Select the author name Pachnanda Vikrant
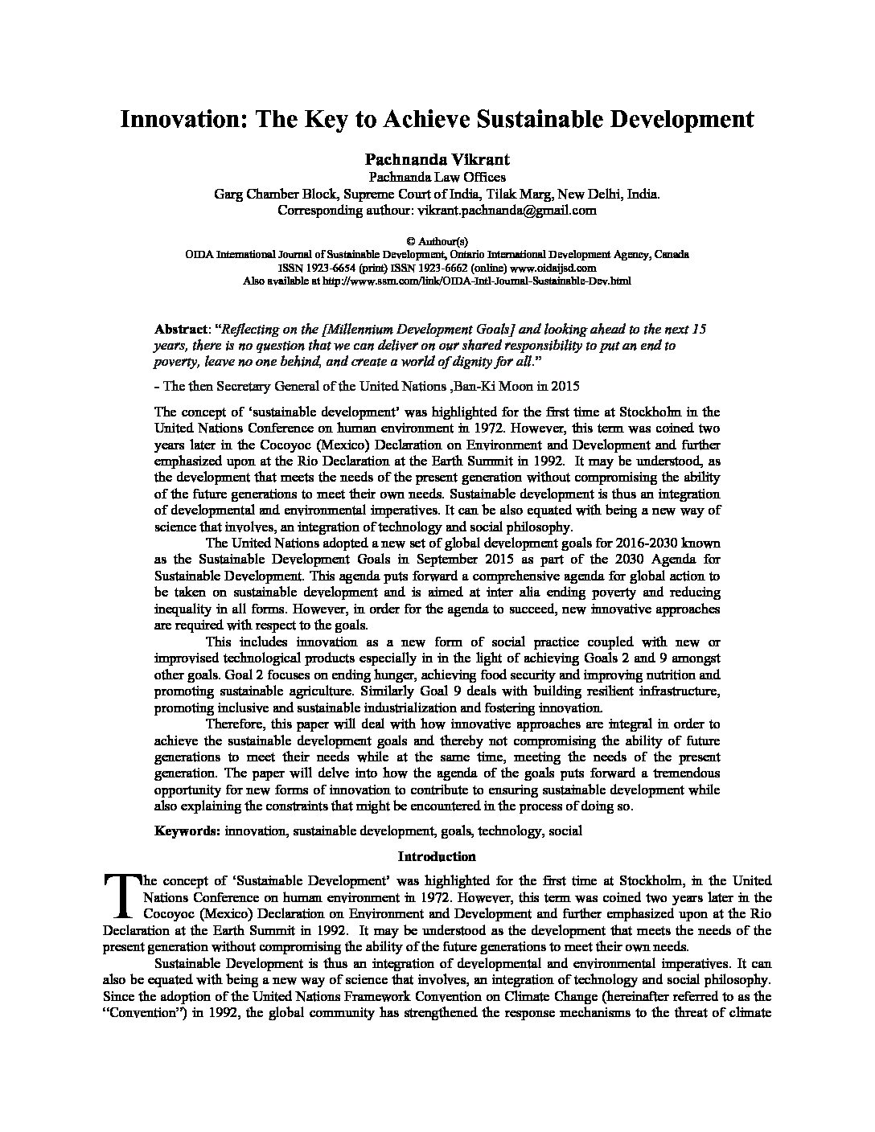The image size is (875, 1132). tap(437, 160)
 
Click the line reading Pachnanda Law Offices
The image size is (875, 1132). tap(437, 177)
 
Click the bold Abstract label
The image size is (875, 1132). tap(180, 330)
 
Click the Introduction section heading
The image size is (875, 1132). tap(437, 856)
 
